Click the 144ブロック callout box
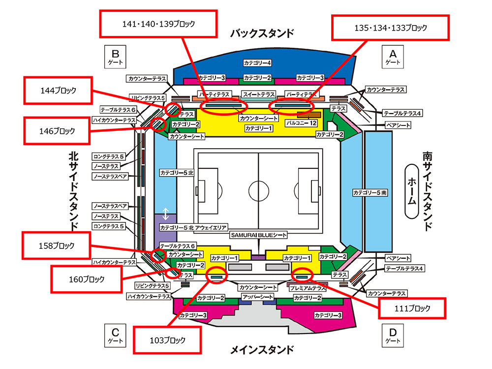[58, 91]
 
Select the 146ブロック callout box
[57, 131]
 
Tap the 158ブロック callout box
[56, 246]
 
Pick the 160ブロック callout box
[86, 279]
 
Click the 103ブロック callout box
[167, 340]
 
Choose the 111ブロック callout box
[412, 308]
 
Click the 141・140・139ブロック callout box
[158, 24]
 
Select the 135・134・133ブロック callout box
[390, 28]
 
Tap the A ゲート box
[393, 57]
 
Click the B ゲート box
[115, 57]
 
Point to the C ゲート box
[115, 336]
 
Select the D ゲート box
[393, 336]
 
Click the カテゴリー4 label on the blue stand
[257, 63]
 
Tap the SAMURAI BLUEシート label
[259, 235]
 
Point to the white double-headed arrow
[166, 214]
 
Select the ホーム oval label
[412, 191]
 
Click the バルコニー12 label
[301, 123]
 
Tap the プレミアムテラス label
[307, 288]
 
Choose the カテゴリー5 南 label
[370, 193]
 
